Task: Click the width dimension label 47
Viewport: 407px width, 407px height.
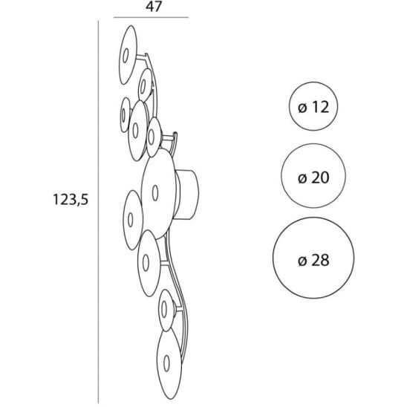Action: point(154,7)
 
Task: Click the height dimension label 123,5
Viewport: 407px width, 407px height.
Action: point(71,200)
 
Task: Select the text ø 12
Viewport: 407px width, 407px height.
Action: point(313,107)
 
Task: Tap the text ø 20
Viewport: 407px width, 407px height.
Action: point(313,178)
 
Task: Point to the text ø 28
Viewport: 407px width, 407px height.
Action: point(313,260)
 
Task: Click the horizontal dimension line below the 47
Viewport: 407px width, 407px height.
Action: point(151,17)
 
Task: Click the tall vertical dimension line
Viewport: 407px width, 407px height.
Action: point(98,212)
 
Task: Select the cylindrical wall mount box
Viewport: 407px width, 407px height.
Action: point(187,195)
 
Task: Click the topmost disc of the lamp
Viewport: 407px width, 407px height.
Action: point(128,55)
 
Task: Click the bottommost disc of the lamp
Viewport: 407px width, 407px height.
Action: point(169,368)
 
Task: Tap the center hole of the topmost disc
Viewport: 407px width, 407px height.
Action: point(126,55)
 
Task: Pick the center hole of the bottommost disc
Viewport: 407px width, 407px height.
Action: point(166,362)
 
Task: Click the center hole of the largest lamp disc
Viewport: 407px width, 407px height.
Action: point(155,192)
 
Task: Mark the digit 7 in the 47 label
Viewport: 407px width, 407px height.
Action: point(157,7)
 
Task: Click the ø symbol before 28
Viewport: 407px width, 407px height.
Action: point(302,261)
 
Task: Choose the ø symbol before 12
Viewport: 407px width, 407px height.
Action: point(303,108)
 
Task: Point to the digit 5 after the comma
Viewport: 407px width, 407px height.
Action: point(85,200)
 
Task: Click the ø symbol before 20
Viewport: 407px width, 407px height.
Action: point(303,178)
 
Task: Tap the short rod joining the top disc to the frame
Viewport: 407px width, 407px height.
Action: point(142,57)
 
